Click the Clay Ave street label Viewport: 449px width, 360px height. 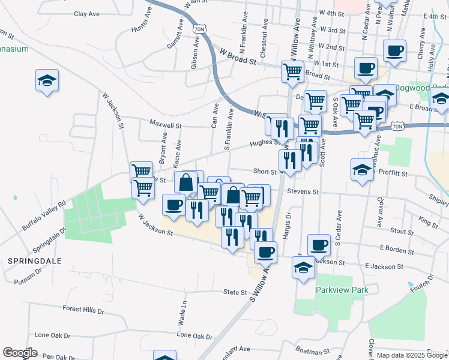tap(86, 14)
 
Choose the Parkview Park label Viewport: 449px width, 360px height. tap(342, 289)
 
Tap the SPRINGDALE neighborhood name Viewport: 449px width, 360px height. tap(31, 261)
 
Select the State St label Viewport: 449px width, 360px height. tap(235, 293)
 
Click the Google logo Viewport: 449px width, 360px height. tap(20, 353)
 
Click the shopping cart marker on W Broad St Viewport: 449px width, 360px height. tap(292, 71)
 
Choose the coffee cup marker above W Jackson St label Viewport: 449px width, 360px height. tap(173, 205)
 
